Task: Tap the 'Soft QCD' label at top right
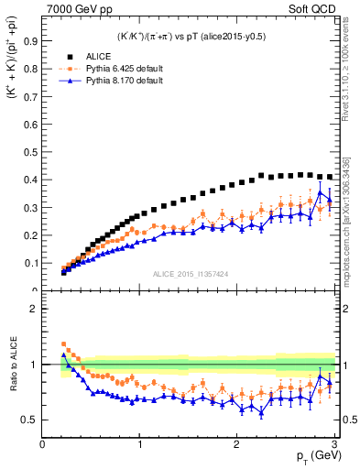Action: point(314,9)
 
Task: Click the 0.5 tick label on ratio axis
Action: point(30,420)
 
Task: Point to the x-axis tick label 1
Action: point(140,443)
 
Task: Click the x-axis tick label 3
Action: point(334,443)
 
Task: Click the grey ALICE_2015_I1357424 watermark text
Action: point(191,274)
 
